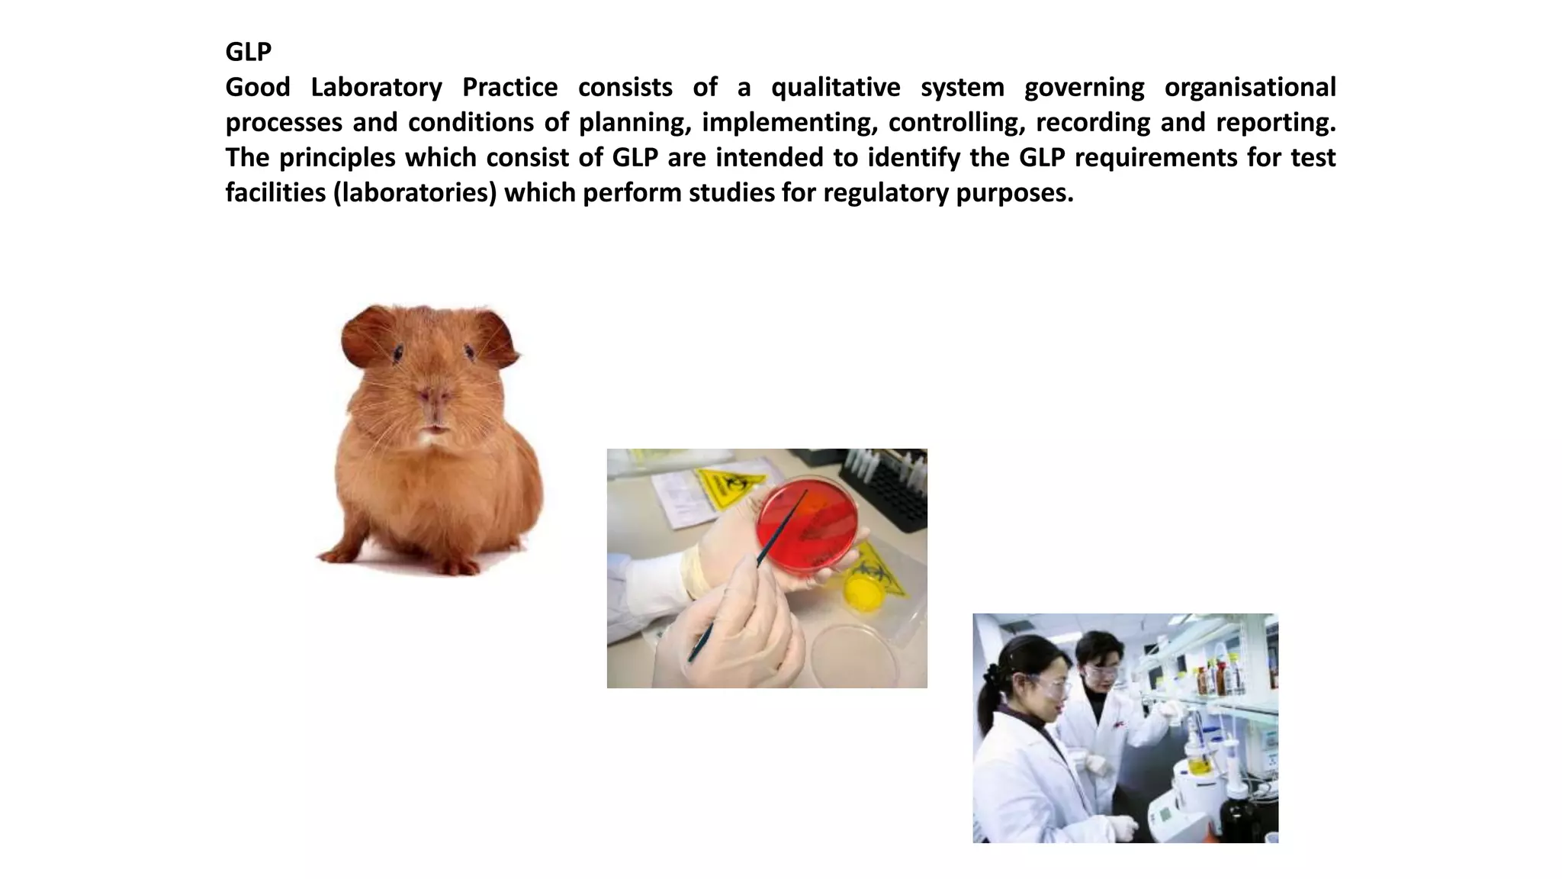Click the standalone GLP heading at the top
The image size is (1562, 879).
coord(248,52)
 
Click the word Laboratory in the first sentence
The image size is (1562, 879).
coord(376,87)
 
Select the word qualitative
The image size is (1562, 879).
coord(835,87)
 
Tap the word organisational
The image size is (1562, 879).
coord(1249,87)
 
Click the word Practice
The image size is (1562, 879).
coord(509,87)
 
